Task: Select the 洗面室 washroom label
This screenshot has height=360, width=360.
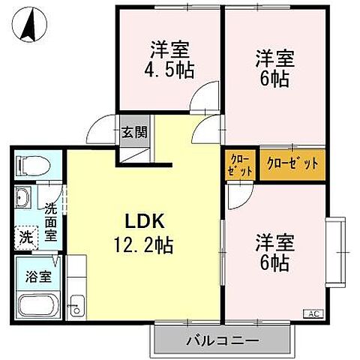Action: [x=51, y=222]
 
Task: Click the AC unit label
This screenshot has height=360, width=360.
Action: [x=311, y=313]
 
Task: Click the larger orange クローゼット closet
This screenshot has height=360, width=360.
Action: [x=293, y=163]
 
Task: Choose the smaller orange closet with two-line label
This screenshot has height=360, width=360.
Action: [x=241, y=163]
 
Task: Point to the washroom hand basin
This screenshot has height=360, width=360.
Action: [x=22, y=199]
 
